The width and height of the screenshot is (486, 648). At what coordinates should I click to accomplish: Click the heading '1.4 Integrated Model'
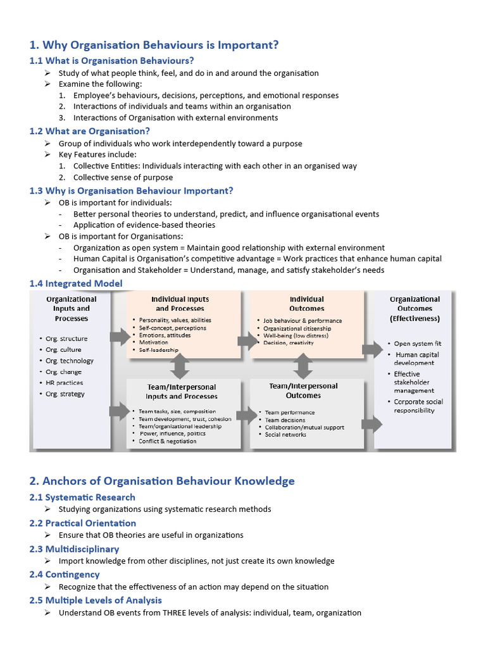point(76,283)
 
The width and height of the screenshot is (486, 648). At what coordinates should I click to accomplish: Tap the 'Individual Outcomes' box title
point(306,304)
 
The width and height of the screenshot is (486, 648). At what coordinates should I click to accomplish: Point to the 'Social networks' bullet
point(285,435)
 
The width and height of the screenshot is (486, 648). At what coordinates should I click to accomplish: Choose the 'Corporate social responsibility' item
point(418,406)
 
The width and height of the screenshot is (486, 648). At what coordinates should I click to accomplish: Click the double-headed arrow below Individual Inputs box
point(182,365)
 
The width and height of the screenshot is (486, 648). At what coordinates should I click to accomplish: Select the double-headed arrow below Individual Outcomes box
point(303,365)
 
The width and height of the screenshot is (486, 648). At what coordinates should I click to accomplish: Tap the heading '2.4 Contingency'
point(65,575)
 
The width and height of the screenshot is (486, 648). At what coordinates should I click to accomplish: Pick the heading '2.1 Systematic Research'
point(82,497)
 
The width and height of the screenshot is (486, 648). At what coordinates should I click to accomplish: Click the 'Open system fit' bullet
point(418,344)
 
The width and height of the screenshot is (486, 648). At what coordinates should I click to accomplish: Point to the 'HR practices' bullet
point(64,383)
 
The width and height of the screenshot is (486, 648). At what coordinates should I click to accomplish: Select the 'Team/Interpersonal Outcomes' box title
point(304,390)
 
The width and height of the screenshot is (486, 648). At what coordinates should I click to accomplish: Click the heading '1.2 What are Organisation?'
point(90,131)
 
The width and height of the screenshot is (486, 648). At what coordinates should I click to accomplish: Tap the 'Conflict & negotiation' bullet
point(168,441)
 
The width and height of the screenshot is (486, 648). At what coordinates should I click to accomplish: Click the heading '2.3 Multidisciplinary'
point(74,549)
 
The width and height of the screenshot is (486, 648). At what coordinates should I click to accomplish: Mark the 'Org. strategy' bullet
point(65,394)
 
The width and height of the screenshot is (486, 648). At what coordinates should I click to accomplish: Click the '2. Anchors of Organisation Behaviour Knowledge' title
point(162,481)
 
